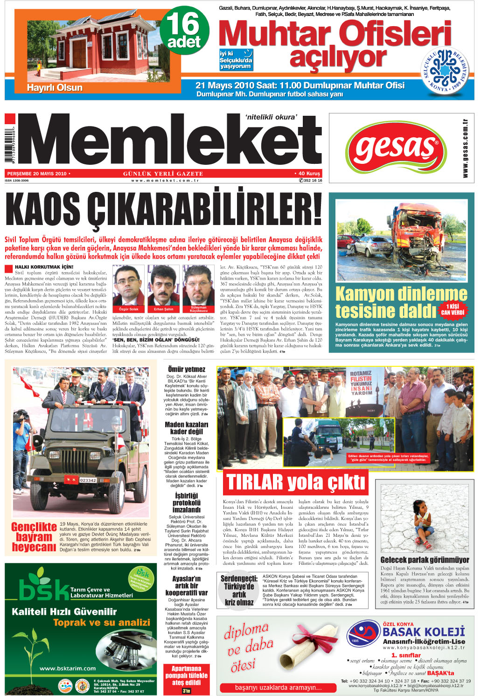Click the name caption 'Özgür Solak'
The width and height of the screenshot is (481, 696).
point(128,309)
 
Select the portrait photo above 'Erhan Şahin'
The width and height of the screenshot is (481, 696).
point(163,286)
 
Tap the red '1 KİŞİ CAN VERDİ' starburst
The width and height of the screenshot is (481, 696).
point(452,310)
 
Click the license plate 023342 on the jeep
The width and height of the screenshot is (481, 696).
point(88,480)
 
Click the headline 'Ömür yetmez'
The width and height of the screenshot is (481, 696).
point(187,369)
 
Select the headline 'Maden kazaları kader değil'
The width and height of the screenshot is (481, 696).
point(187,428)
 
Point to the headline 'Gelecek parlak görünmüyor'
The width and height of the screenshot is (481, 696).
point(425,560)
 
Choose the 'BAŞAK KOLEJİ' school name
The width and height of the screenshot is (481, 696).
point(423,632)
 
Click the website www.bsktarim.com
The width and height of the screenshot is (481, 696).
point(68,668)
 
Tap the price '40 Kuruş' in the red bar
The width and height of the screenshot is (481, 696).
point(309,174)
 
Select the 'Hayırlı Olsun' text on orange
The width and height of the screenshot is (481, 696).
point(55,88)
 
